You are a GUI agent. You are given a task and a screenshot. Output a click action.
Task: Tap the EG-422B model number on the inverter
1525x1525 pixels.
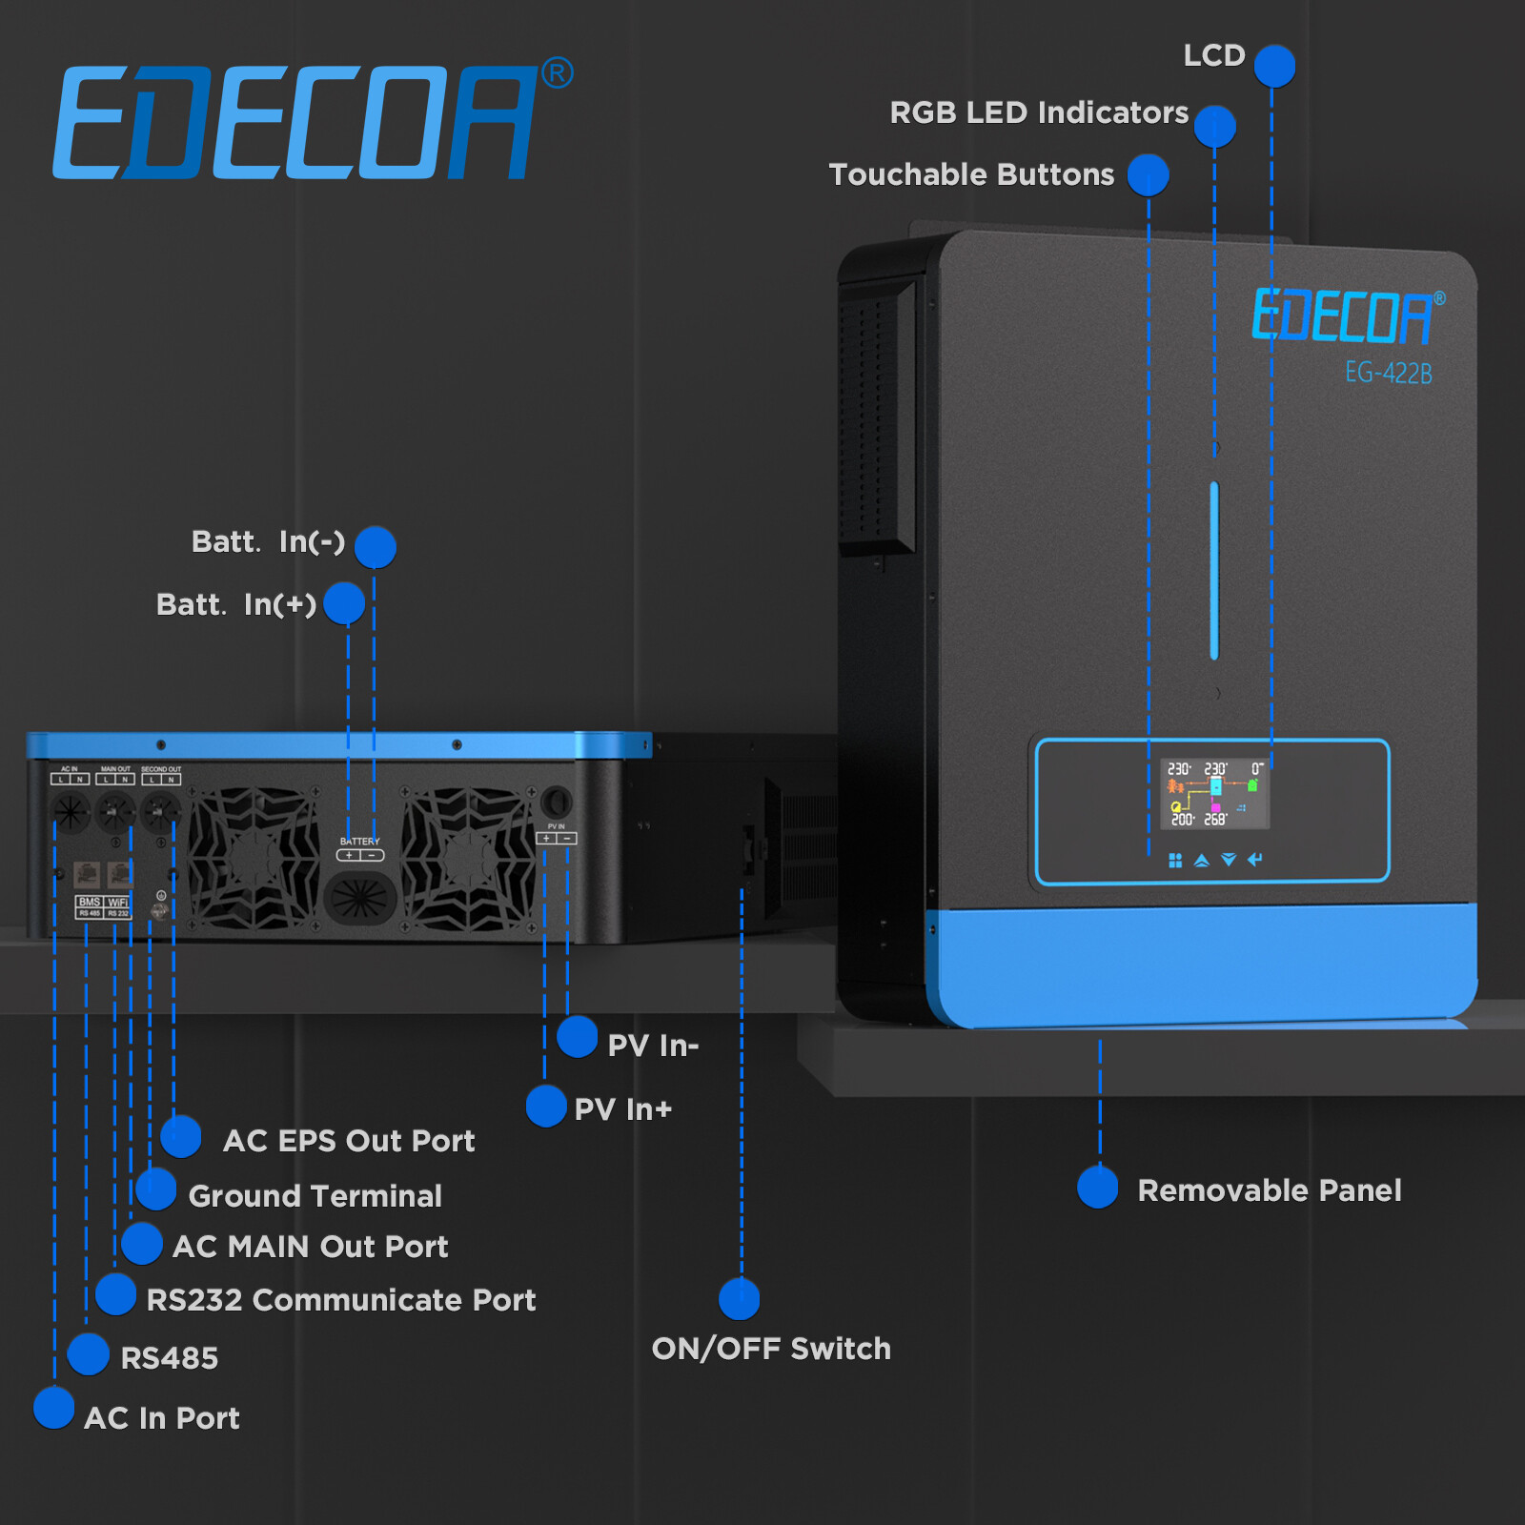[1388, 373]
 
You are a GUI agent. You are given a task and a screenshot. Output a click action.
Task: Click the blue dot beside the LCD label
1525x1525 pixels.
[1274, 66]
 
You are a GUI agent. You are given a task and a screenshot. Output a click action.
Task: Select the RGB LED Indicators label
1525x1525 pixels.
[1039, 112]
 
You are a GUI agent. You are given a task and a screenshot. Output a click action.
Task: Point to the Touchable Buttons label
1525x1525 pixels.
[971, 174]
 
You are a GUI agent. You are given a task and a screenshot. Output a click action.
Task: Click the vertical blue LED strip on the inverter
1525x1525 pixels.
[1214, 570]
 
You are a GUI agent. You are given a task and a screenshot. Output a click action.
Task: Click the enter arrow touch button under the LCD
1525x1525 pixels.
[1255, 860]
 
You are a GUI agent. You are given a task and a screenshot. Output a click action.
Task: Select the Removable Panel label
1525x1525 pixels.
[1269, 1190]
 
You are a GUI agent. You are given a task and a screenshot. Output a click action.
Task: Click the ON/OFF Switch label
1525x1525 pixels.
[771, 1349]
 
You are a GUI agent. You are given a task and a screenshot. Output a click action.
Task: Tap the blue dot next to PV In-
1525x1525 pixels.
[577, 1037]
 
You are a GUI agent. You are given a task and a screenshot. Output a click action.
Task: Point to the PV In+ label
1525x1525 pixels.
[623, 1109]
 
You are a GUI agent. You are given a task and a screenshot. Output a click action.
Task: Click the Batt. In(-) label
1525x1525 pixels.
[268, 542]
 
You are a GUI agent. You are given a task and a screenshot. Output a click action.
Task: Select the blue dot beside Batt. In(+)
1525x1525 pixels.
[344, 603]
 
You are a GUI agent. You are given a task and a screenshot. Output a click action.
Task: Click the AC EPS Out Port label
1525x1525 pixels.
[349, 1141]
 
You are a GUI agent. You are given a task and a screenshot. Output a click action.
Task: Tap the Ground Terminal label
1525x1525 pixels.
[315, 1196]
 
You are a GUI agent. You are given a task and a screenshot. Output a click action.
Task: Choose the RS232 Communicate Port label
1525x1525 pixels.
[341, 1300]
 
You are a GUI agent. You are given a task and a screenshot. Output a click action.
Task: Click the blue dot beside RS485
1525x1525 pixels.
[89, 1354]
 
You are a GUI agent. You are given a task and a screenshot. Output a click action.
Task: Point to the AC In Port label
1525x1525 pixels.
[162, 1418]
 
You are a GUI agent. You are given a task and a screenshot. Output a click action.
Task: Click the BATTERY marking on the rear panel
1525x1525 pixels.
[359, 842]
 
